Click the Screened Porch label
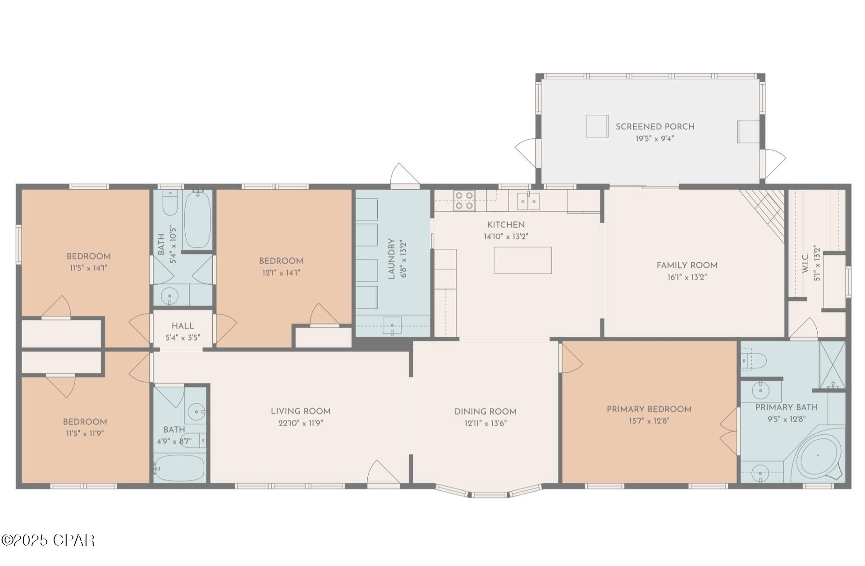tap(654, 127)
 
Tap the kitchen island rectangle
tap(522, 260)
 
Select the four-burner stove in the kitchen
tap(464, 201)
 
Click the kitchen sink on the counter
tap(528, 201)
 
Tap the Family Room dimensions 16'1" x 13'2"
tap(687, 277)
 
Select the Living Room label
tap(301, 411)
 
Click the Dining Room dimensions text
tap(485, 423)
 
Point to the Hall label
tap(183, 326)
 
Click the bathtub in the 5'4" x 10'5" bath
tap(197, 219)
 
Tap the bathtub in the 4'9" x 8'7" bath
tap(179, 468)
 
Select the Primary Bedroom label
tap(649, 409)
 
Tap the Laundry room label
tap(391, 259)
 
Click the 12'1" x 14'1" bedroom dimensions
tap(280, 273)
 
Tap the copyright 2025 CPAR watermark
tap(48, 540)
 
